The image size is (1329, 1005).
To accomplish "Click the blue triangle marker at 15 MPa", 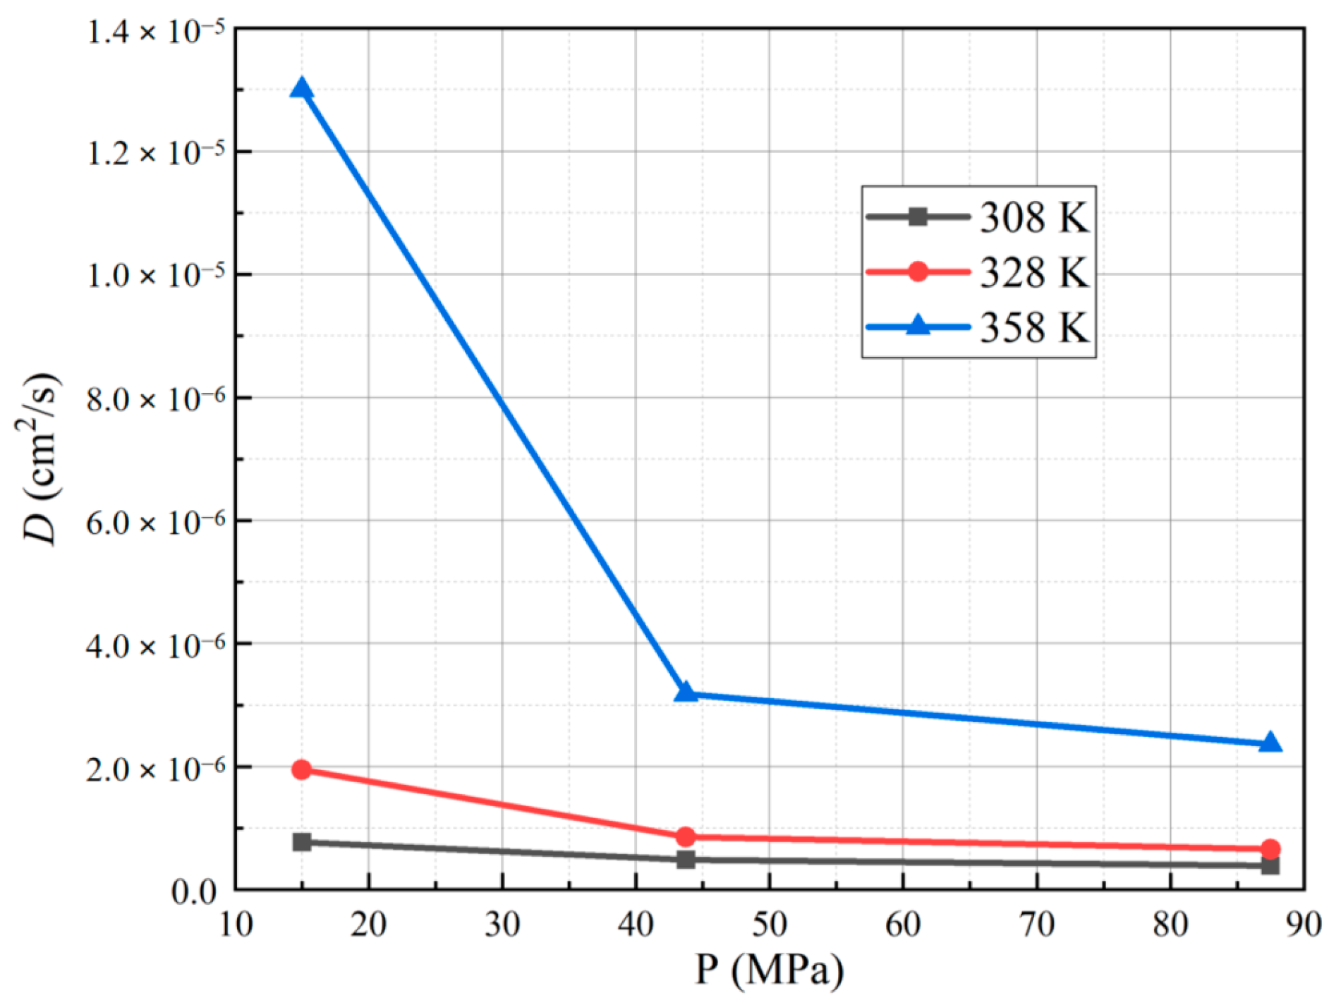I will click(301, 89).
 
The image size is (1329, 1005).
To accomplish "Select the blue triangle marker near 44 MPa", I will click(686, 693).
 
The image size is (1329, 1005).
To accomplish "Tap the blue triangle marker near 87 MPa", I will click(1270, 743).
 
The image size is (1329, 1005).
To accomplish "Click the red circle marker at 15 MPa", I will click(301, 769).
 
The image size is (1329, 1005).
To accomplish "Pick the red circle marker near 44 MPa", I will click(686, 837).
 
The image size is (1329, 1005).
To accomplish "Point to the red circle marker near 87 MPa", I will click(1270, 849).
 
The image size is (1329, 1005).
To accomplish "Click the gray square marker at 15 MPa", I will click(301, 841).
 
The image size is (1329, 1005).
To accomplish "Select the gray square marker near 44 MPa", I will click(686, 859).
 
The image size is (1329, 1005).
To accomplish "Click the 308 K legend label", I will click(1034, 217).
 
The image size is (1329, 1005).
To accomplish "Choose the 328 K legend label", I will click(1034, 272).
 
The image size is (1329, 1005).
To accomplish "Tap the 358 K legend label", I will click(1034, 327).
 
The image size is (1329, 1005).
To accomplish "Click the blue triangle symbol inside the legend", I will click(918, 325).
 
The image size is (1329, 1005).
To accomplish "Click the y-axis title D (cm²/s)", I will click(39, 458).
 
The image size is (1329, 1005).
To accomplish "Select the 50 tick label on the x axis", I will click(769, 924).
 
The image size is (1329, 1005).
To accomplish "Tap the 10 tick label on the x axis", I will click(236, 924).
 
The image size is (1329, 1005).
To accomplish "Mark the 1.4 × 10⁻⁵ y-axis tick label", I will click(155, 32).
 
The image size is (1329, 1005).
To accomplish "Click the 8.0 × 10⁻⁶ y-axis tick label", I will click(155, 400).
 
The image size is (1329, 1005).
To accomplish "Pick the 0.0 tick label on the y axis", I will click(193, 891).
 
